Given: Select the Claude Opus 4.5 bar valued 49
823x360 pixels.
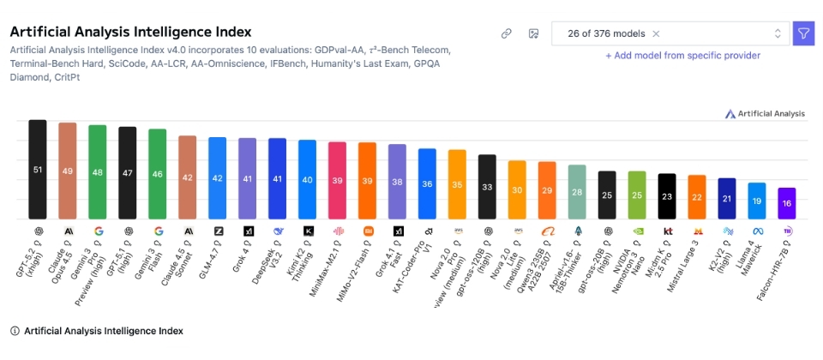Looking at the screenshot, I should tap(68, 171).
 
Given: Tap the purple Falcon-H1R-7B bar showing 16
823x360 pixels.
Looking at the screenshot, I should tap(787, 203).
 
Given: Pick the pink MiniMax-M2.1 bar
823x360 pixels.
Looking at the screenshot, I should tap(337, 180).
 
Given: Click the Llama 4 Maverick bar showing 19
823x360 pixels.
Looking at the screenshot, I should tap(757, 201).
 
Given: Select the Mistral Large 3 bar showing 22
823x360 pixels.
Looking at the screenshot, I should tap(697, 197).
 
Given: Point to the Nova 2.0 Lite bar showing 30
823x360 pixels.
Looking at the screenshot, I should tap(517, 189).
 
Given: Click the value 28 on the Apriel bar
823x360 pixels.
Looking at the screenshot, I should tap(577, 192).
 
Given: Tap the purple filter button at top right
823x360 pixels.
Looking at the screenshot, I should tap(803, 33).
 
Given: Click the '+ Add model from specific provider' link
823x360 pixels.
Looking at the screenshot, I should tap(682, 56).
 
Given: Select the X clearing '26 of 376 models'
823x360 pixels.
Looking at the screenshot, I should tap(656, 33).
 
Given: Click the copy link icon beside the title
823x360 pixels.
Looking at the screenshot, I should tap(507, 33).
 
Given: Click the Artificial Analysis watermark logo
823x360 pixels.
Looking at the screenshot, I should tap(765, 113).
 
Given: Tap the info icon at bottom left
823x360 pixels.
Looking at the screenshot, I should tap(15, 330).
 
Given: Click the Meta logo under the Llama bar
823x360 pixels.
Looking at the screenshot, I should tap(757, 231).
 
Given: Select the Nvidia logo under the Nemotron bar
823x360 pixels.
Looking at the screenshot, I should tap(637, 231).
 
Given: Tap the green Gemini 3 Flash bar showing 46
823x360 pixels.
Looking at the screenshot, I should tap(158, 174).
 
